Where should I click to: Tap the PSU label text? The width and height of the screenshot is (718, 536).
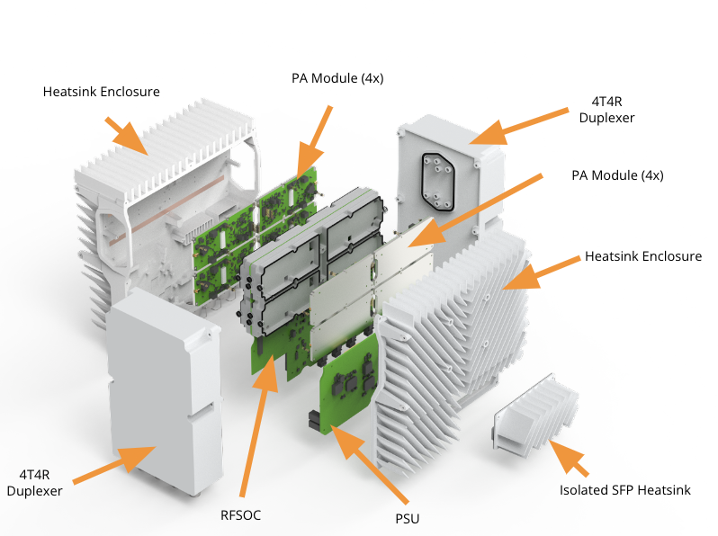tap(408, 518)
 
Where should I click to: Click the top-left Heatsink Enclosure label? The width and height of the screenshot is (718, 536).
tap(102, 92)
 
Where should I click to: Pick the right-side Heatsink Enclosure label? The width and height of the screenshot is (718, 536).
tap(642, 256)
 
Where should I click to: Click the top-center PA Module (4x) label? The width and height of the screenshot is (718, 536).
tap(337, 78)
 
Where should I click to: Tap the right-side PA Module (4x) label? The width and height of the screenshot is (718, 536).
tap(617, 175)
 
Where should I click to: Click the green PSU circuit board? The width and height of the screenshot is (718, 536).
tap(352, 388)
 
